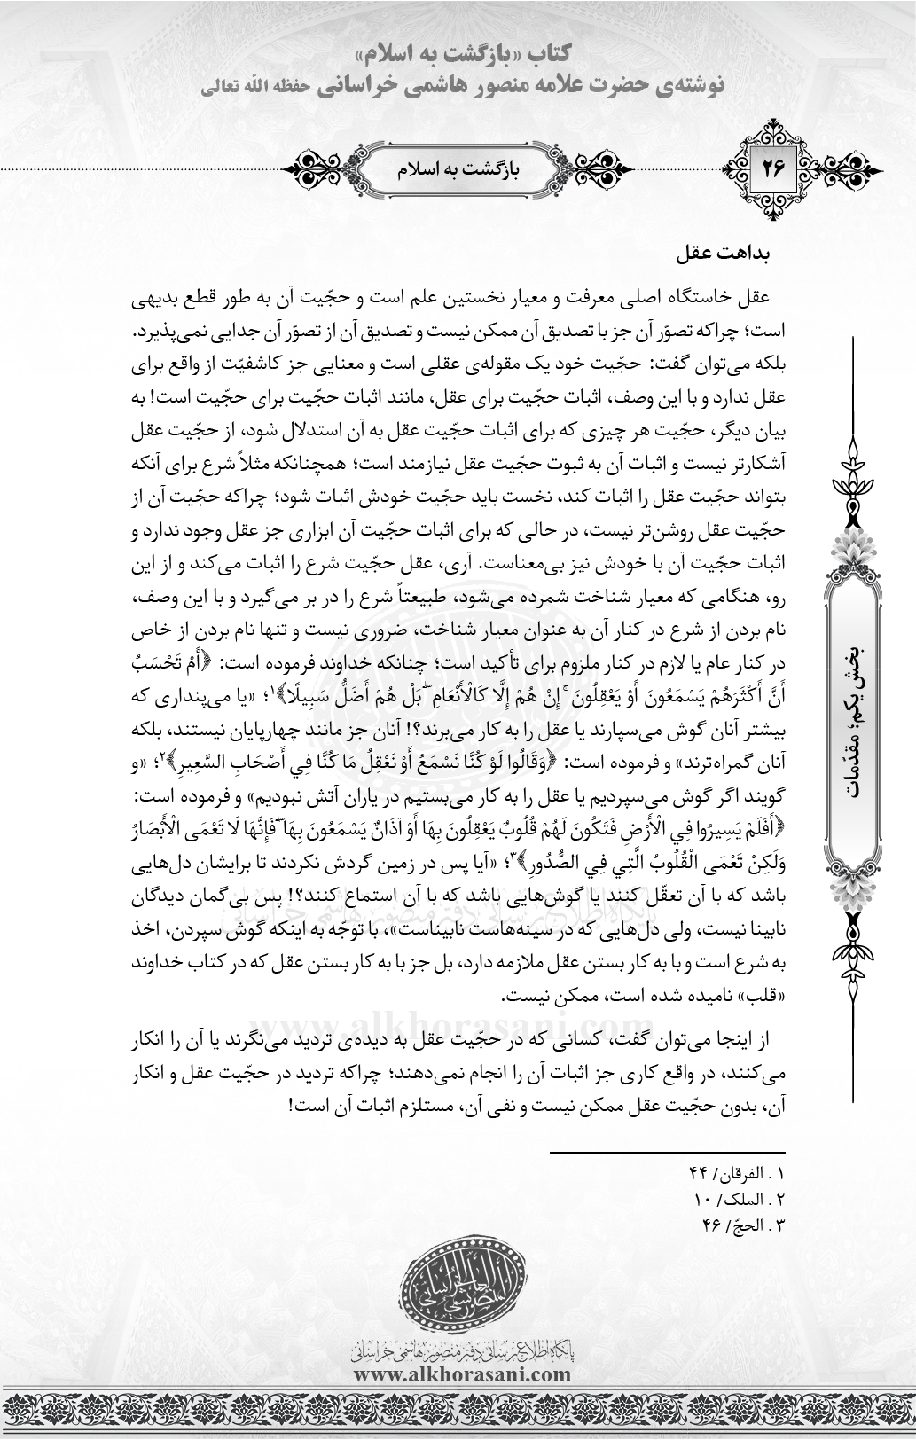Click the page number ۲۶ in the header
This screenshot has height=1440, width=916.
pyautogui.click(x=768, y=166)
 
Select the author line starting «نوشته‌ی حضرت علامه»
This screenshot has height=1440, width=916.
pyautogui.click(x=460, y=86)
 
